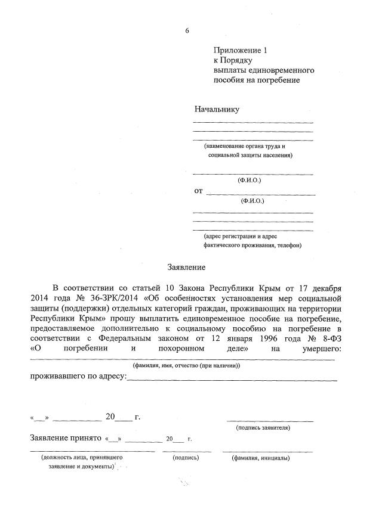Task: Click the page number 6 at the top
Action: coord(187,30)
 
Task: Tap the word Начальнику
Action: coord(217,109)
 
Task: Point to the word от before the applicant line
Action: coord(198,191)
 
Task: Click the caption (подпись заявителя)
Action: coord(263,428)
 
